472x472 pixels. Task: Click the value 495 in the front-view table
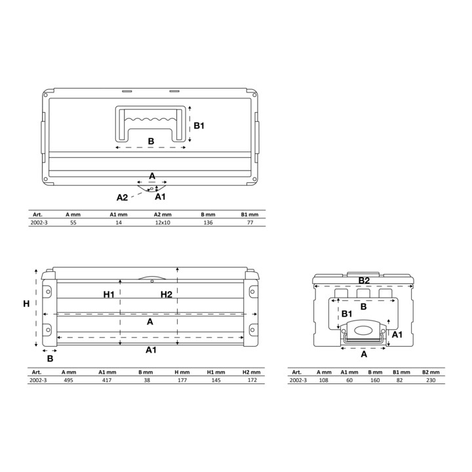[x=68, y=380]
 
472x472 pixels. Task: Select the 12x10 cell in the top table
[x=163, y=222]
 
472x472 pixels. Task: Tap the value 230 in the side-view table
[x=431, y=380]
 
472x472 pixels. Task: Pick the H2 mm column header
[x=251, y=372]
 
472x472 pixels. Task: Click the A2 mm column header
[x=163, y=214]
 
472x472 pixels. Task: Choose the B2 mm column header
[x=431, y=372]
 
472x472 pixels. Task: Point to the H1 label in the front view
[x=109, y=294]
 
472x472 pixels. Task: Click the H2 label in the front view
[x=166, y=294]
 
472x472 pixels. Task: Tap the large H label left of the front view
[x=26, y=304]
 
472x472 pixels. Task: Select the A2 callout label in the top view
[x=122, y=197]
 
